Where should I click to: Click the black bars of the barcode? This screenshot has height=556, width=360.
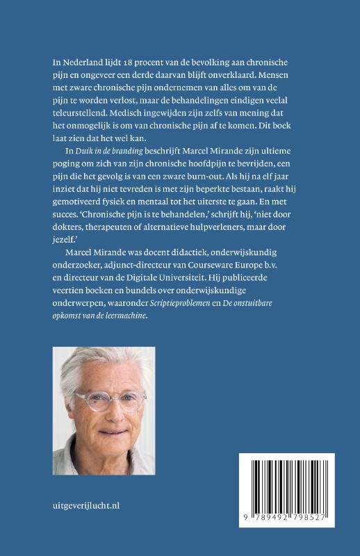286,489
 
